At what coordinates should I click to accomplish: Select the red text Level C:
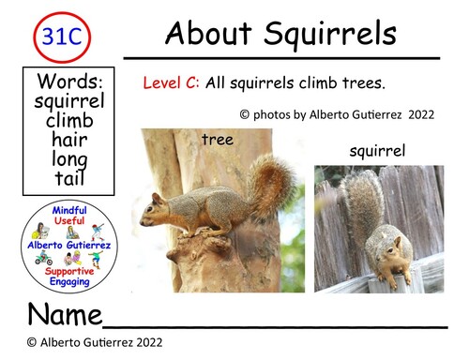(x=171, y=82)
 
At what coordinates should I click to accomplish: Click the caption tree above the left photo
(x=216, y=140)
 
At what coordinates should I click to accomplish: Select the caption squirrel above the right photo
(x=377, y=150)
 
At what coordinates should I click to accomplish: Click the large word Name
(x=62, y=313)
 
